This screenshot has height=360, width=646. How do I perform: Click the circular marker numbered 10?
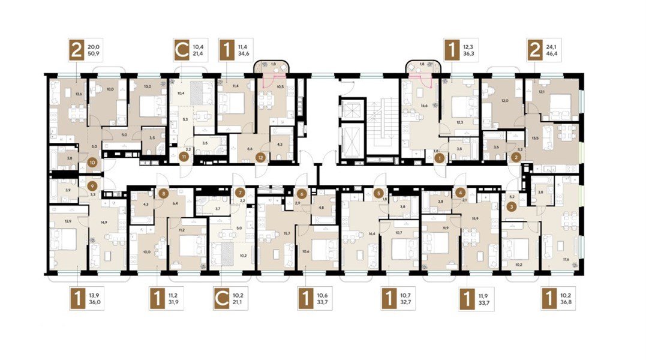[92, 162]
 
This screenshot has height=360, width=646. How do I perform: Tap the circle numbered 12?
[260, 158]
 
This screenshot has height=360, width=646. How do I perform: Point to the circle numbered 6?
[302, 193]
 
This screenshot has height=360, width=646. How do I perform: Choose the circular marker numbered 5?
[378, 193]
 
